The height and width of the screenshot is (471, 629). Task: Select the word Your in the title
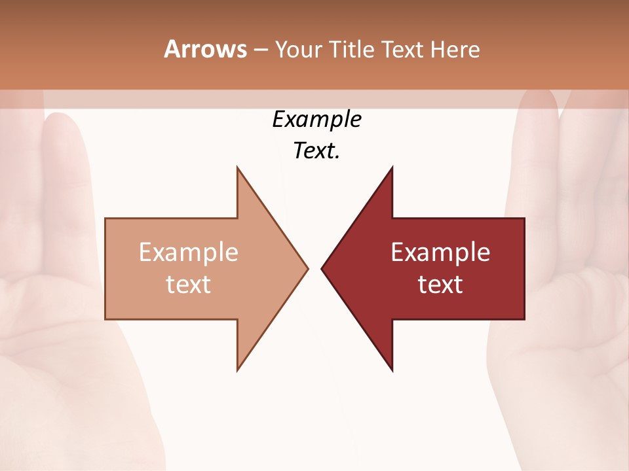[x=298, y=49]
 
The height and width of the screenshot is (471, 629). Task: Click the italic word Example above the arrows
[x=316, y=119]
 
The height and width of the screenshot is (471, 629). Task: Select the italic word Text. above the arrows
[x=316, y=150]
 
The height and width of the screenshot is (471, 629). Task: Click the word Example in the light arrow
[x=189, y=252]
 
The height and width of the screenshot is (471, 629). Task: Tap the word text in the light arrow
[x=189, y=284]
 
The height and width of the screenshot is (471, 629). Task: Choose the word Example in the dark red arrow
[x=440, y=252]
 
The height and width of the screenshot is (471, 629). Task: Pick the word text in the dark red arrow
[x=440, y=284]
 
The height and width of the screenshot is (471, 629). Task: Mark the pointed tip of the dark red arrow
[x=322, y=268]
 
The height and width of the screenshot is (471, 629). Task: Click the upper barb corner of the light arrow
[x=238, y=168]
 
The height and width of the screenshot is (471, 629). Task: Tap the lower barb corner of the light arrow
[x=238, y=370]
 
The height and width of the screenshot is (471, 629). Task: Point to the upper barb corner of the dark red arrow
[x=392, y=168]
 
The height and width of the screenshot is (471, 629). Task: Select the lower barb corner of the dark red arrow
[x=392, y=370]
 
